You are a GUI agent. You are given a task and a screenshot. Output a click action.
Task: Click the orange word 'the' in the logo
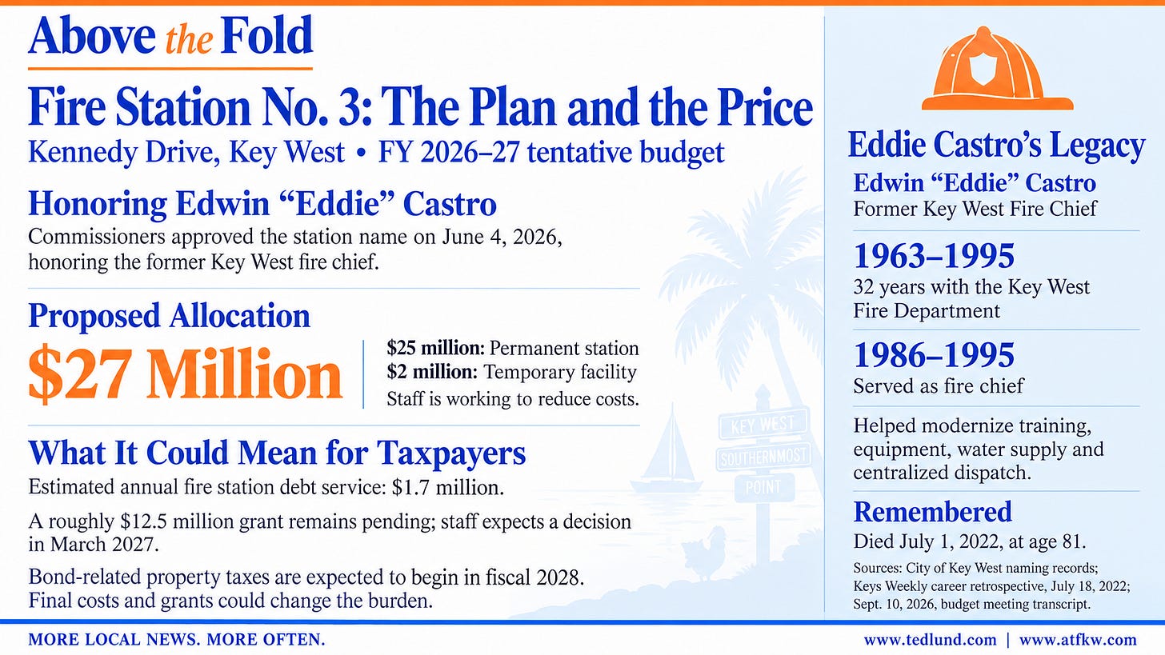[x=189, y=41]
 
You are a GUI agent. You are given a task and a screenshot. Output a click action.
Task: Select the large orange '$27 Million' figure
[x=185, y=373]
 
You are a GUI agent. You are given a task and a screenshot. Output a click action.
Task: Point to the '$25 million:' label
[x=436, y=348]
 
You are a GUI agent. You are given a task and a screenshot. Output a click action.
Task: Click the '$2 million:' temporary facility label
[x=432, y=372]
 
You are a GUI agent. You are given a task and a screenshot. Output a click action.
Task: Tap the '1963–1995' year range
[x=934, y=256]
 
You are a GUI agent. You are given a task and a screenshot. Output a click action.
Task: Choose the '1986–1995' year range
[x=934, y=355]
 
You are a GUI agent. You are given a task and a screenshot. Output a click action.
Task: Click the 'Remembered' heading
[x=932, y=512]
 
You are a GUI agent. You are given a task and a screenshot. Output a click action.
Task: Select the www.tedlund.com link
[x=930, y=640]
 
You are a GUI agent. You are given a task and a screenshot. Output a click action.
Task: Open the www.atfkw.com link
[x=1078, y=640]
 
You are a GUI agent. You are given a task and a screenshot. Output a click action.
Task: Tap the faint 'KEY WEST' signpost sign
[x=763, y=424]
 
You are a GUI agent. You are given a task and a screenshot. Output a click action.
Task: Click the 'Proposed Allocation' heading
[x=169, y=316]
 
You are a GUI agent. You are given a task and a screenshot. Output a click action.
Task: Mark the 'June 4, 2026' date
[x=502, y=237]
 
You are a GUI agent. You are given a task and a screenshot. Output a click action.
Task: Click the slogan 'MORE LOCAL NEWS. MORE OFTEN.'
[x=177, y=640]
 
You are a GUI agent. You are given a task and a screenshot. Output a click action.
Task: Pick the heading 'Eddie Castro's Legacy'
[x=996, y=145]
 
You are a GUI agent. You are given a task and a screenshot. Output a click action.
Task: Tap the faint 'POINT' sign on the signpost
[x=763, y=487]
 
